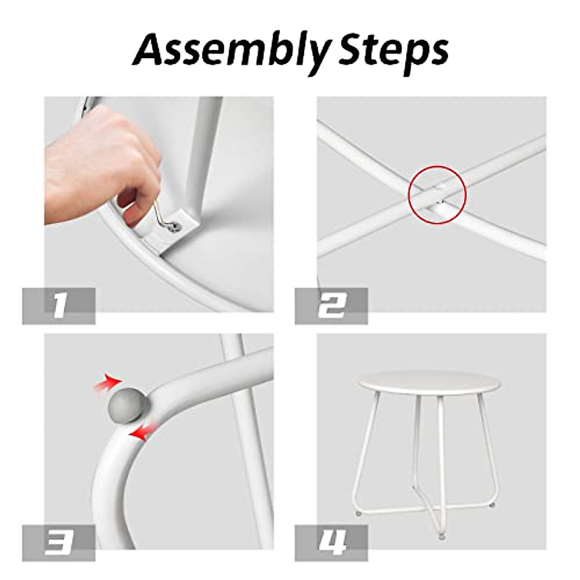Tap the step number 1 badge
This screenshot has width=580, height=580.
(58, 306)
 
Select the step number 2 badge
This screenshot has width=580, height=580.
(331, 306)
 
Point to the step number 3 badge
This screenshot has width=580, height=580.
(58, 543)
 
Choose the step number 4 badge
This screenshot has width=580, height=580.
(331, 543)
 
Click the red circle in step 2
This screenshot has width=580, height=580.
(437, 194)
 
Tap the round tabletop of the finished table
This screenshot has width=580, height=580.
(413, 387)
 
